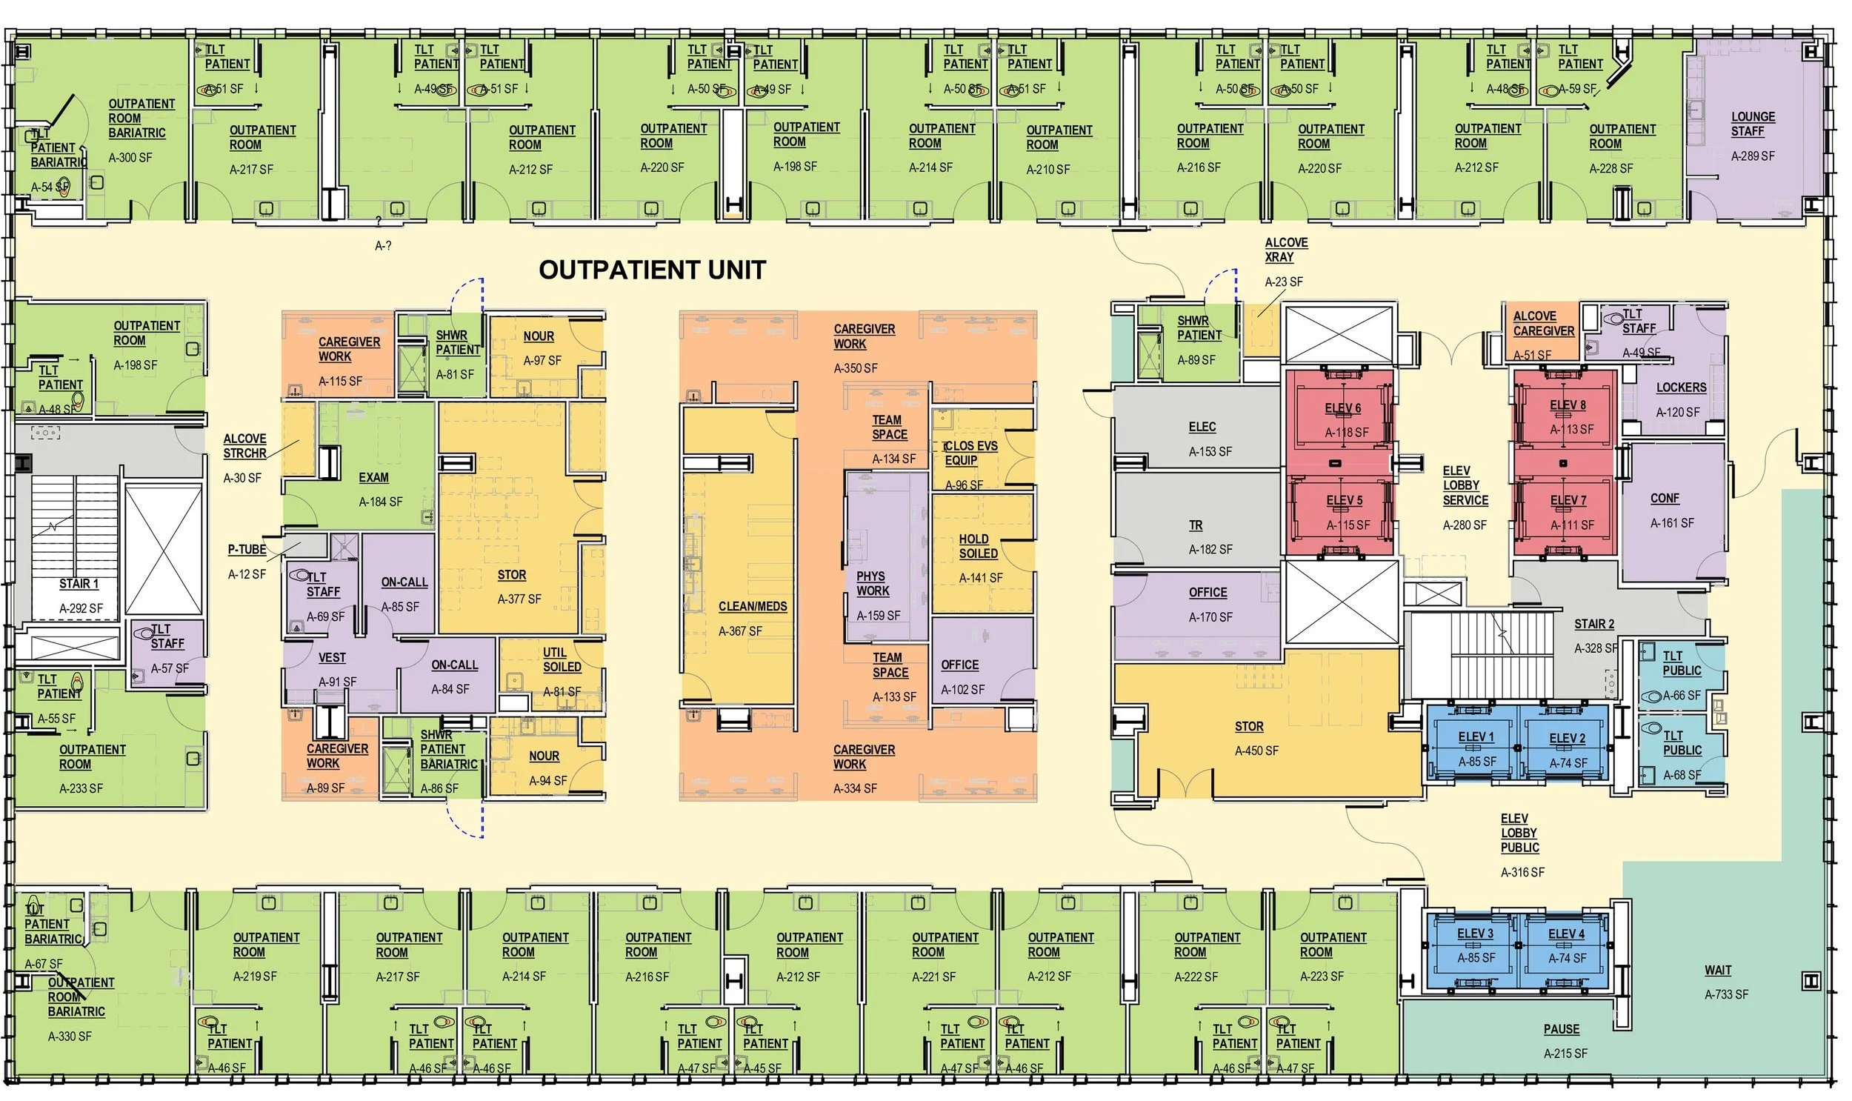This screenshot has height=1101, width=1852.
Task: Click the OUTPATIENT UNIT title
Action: [x=652, y=270]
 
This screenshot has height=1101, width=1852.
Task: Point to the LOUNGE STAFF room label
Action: [x=1753, y=124]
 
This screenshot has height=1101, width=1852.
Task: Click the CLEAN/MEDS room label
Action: [x=752, y=607]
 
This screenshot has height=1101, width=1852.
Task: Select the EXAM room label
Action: [x=373, y=479]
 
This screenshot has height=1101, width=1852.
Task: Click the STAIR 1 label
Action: [x=79, y=585]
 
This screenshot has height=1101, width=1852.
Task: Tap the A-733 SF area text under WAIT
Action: [x=1726, y=995]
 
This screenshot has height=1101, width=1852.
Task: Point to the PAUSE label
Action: [x=1562, y=1030]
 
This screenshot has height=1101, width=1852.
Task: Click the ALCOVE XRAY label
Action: [x=1286, y=250]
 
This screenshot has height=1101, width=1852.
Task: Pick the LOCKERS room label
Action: [x=1681, y=388]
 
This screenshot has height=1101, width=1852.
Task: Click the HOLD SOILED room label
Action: [x=979, y=547]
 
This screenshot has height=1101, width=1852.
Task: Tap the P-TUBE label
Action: [x=247, y=550]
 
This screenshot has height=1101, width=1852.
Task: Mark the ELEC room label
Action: [x=1202, y=428]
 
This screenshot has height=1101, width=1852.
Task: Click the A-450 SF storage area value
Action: [x=1256, y=751]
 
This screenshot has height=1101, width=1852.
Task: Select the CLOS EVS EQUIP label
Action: [x=970, y=453]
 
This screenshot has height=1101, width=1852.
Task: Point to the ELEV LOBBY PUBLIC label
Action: [x=1519, y=834]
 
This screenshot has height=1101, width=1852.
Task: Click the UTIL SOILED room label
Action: [x=562, y=660]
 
